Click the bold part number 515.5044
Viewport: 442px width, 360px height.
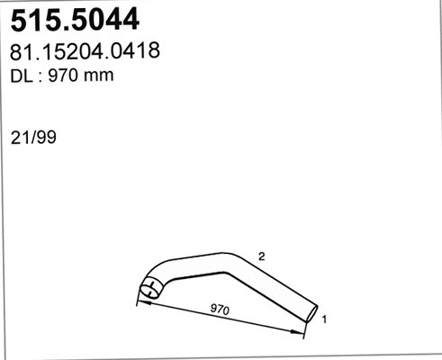pyautogui.click(x=75, y=20)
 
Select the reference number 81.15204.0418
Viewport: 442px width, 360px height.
pyautogui.click(x=85, y=50)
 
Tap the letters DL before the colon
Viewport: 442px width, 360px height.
pyautogui.click(x=22, y=76)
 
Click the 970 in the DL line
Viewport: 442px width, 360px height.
pyautogui.click(x=63, y=76)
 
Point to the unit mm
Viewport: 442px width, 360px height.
pyautogui.click(x=99, y=77)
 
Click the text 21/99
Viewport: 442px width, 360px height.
pyautogui.click(x=33, y=138)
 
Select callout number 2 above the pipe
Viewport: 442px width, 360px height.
pyautogui.click(x=262, y=256)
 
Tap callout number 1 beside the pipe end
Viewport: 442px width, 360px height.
pyautogui.click(x=324, y=319)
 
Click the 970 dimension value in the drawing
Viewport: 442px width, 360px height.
pyautogui.click(x=220, y=309)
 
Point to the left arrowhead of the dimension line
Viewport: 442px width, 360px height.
pyautogui.click(x=143, y=303)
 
